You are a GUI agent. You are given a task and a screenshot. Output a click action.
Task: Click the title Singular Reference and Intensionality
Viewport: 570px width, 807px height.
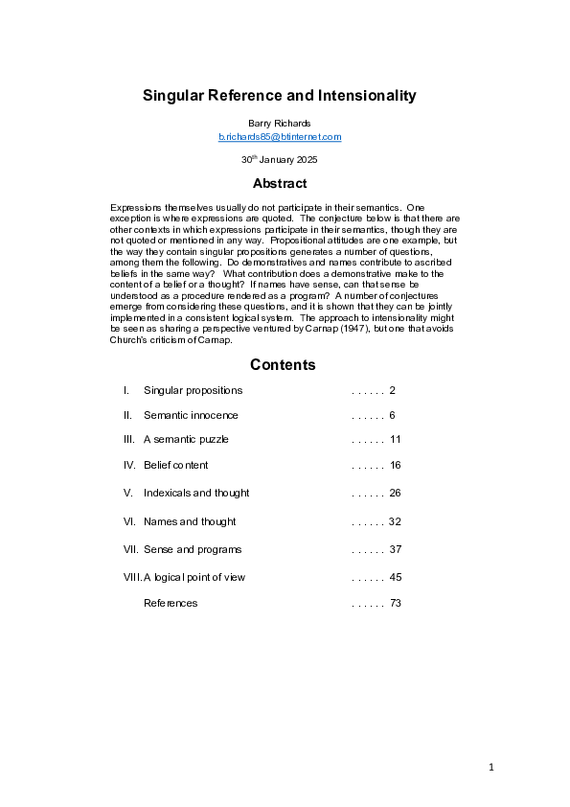pos(279,96)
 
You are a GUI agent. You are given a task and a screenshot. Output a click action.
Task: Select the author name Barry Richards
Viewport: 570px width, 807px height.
pos(280,124)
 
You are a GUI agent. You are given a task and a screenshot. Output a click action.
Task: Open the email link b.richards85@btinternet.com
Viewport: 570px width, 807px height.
pos(280,137)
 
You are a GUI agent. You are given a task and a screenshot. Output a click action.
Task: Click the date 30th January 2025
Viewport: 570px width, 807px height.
pos(280,159)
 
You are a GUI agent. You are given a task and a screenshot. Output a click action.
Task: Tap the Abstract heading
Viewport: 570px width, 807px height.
pos(280,183)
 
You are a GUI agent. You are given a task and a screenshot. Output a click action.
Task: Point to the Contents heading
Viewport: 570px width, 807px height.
pos(283,365)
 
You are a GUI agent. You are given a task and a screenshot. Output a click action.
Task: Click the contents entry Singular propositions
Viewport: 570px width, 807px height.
pos(193,391)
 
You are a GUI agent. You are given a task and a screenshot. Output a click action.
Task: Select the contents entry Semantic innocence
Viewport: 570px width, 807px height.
pos(191,416)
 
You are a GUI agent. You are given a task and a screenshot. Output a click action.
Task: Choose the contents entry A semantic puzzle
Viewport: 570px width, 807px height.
pos(186,440)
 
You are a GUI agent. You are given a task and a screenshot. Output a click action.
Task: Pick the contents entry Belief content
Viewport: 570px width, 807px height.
pos(175,466)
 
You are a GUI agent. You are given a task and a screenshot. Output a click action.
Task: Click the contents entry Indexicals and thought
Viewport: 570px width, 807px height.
pos(196,493)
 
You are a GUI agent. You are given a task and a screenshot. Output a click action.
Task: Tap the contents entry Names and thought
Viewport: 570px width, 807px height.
pos(190,522)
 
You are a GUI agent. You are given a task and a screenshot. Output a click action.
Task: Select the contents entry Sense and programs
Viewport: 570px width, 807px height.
pos(193,550)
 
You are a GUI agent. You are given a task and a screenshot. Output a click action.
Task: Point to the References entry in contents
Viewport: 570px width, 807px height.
pos(171,603)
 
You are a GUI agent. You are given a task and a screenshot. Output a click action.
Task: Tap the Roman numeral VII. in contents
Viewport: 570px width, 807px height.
pos(131,550)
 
